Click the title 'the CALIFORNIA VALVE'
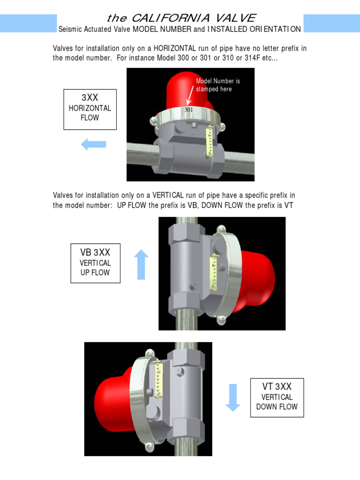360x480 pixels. coord(181,18)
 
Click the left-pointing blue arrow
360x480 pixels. coord(94,144)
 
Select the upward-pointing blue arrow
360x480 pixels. coord(141,264)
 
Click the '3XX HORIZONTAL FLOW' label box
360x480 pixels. coord(90,109)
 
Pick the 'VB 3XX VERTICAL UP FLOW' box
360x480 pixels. coord(95,263)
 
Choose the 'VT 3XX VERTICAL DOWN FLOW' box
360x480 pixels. coord(277,397)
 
